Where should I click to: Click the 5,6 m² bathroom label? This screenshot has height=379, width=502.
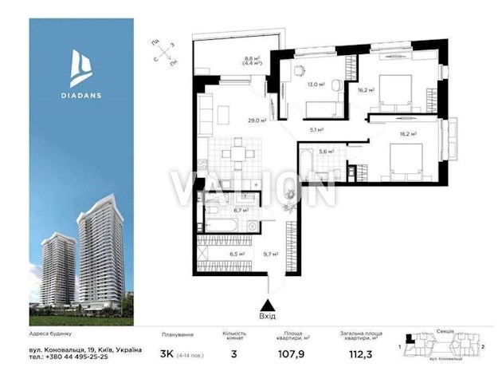[x=325, y=149]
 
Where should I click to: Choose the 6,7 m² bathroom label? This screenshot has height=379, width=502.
[x=239, y=211]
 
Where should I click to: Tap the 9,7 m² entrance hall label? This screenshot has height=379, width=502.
[x=270, y=255]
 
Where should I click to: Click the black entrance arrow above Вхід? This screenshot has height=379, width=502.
[x=269, y=303]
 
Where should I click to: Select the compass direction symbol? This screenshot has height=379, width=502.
[x=163, y=53]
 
